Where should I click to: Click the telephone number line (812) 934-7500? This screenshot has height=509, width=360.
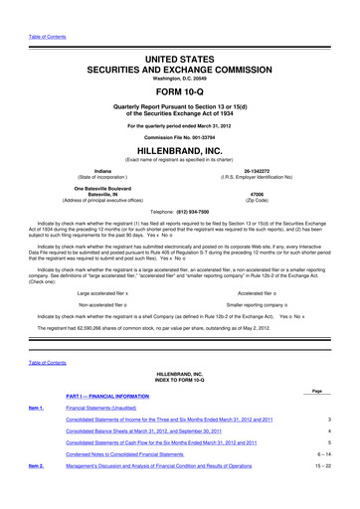(x=180, y=211)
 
